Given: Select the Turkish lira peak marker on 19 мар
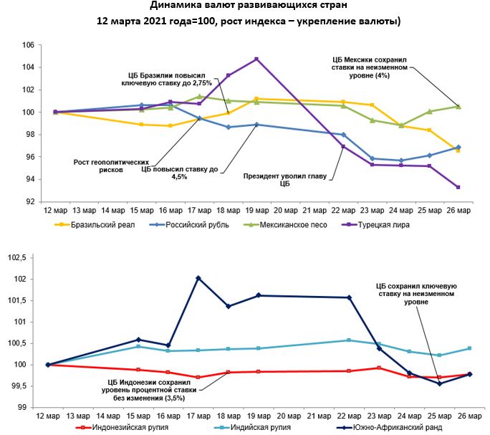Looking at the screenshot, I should coord(256,59).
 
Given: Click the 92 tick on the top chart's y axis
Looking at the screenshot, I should coord(31,201).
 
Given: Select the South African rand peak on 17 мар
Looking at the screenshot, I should coord(198,278).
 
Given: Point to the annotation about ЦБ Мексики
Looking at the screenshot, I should coord(370,67).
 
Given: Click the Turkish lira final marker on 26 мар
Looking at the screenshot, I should coord(458,187).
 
